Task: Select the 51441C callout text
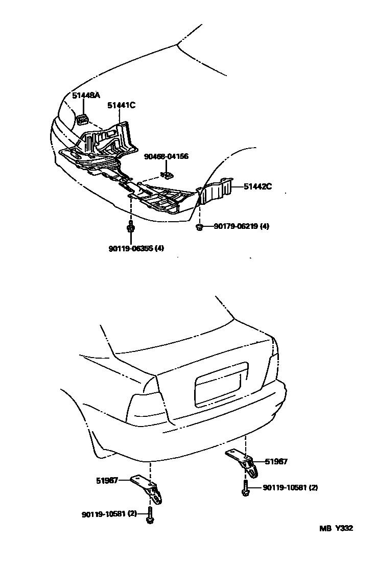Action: click(121, 106)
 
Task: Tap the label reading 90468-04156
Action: click(166, 156)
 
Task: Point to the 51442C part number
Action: click(257, 187)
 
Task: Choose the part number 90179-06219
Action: click(233, 227)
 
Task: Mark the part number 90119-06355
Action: click(131, 249)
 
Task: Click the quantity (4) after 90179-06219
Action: click(264, 227)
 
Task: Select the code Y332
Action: click(344, 529)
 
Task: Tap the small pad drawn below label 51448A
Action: click(82, 120)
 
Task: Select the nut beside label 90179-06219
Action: click(200, 227)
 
